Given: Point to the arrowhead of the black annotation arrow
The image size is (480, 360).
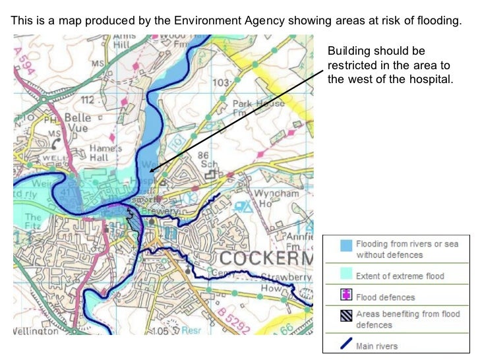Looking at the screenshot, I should (x=151, y=171).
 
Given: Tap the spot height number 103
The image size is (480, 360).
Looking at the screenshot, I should (x=221, y=83).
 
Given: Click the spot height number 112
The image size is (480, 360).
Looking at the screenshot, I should (x=88, y=100).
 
